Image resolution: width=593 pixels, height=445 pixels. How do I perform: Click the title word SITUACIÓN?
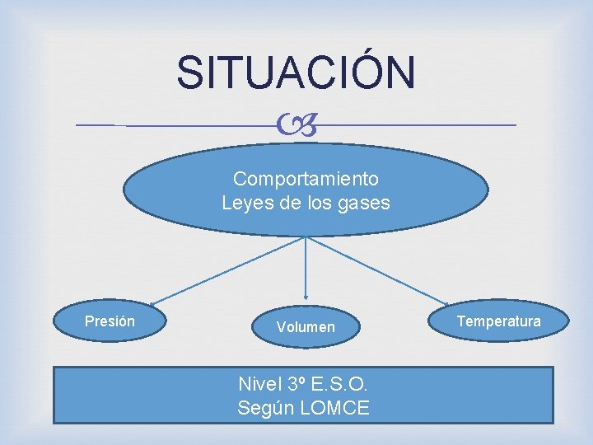[x=296, y=73]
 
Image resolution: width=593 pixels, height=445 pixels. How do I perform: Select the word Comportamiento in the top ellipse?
[x=306, y=179]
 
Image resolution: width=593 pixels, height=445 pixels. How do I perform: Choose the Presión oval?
[x=110, y=321]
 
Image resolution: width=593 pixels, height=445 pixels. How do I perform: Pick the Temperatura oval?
[x=498, y=321]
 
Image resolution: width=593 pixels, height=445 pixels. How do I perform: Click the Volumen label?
[x=306, y=327]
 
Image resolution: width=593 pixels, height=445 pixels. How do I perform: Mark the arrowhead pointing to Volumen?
[x=306, y=296]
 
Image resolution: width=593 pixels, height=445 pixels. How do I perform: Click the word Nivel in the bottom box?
[x=259, y=384]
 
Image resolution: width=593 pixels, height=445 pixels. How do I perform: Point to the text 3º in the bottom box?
[x=298, y=384]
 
